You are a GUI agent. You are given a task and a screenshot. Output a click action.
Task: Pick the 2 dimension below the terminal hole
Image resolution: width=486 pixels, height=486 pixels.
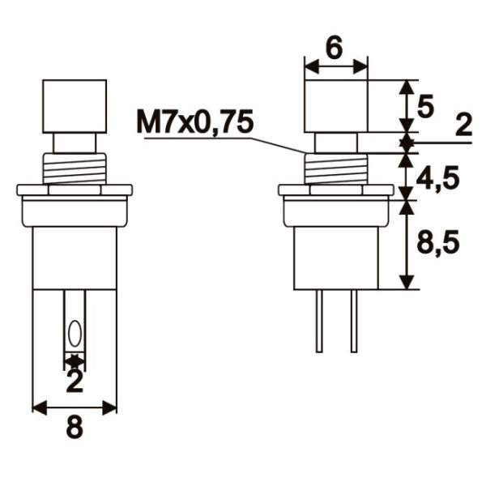[x=74, y=380]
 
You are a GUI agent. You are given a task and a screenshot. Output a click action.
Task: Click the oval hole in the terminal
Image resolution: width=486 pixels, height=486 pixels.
[x=75, y=333]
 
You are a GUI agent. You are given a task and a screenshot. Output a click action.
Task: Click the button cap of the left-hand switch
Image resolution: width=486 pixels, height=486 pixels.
[x=75, y=105]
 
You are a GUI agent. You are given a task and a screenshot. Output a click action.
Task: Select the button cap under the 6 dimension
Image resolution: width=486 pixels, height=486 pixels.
[x=335, y=105]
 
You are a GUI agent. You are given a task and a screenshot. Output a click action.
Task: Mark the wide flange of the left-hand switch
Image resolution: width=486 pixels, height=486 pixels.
[x=75, y=191]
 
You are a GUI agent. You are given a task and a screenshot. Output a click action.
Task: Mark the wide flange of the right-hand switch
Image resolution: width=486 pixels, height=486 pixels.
[x=335, y=191]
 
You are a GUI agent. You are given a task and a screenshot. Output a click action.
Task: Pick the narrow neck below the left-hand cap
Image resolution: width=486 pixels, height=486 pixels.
[x=75, y=143]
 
